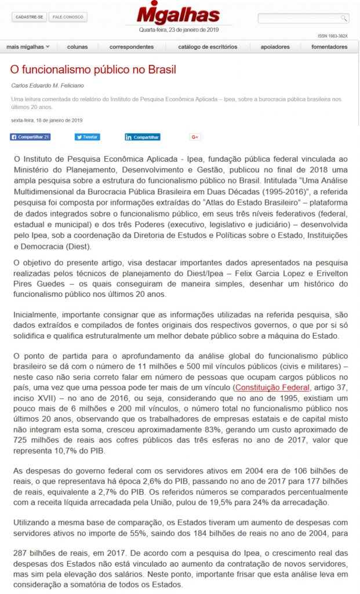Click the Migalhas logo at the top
pyautogui.click(x=178, y=14)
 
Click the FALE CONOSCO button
pyautogui.click(x=68, y=17)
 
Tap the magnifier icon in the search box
pyautogui.click(x=344, y=18)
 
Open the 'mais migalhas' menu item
pyautogui.click(x=28, y=46)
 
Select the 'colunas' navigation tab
pyautogui.click(x=77, y=46)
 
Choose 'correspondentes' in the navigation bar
pyautogui.click(x=131, y=46)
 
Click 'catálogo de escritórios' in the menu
pyautogui.click(x=208, y=46)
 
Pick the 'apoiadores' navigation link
pyautogui.click(x=275, y=46)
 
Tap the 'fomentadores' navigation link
pyautogui.click(x=329, y=46)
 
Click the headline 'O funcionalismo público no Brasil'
pyautogui.click(x=93, y=70)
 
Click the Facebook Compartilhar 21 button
pyautogui.click(x=30, y=137)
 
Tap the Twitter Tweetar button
pyautogui.click(x=87, y=137)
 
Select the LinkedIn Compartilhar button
pyautogui.click(x=142, y=137)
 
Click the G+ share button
pyautogui.click(x=195, y=137)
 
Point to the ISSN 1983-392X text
pyautogui.click(x=332, y=36)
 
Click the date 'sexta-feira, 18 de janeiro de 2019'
pyautogui.click(x=46, y=120)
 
